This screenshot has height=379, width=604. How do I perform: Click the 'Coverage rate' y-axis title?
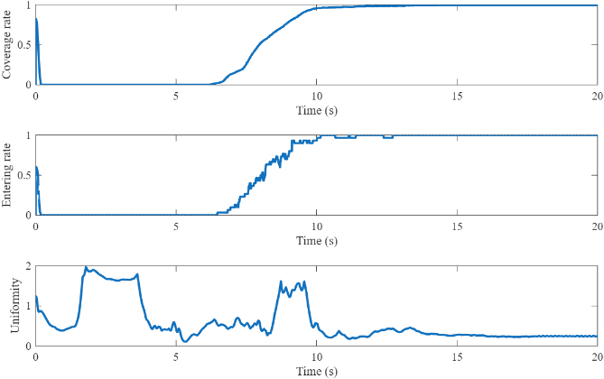[x=8, y=44]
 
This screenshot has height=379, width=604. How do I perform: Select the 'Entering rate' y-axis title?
[x=8, y=175]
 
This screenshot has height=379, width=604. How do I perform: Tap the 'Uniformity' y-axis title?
[x=13, y=306]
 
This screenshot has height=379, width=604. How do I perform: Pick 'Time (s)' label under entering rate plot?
[x=316, y=240]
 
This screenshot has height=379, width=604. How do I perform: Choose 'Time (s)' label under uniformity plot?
[x=316, y=371]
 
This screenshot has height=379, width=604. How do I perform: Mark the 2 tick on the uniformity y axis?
[x=30, y=266]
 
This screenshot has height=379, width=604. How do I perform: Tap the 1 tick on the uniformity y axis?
[x=30, y=306]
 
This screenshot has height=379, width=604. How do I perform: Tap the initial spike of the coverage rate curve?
[x=36, y=20]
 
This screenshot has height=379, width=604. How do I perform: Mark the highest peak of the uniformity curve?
[x=86, y=267]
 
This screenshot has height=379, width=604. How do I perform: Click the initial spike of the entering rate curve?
[x=36, y=169]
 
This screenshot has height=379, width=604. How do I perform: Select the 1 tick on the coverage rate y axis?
[x=30, y=5]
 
